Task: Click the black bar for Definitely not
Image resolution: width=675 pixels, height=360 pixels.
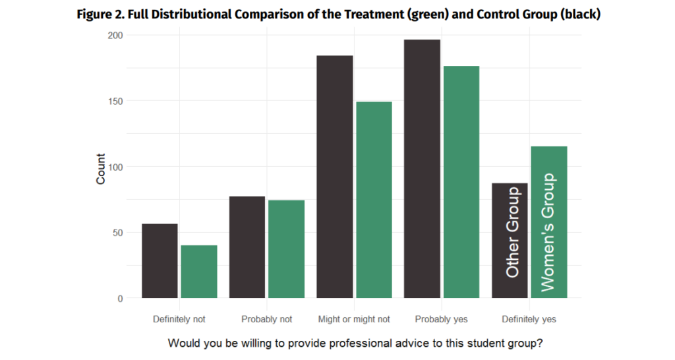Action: (160, 261)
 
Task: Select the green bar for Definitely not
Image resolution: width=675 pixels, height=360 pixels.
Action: (199, 272)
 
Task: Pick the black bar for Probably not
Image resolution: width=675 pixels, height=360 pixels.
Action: (247, 247)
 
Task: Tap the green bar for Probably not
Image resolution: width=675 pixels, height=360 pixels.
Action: (286, 249)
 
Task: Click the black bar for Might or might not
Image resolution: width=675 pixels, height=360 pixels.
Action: (335, 177)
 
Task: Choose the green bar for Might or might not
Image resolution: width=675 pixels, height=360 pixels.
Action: (374, 200)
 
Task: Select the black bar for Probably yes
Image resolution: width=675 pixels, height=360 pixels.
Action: (423, 169)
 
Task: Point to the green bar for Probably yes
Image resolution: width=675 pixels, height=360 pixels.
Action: (461, 182)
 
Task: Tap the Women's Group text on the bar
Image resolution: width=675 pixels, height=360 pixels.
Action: (548, 232)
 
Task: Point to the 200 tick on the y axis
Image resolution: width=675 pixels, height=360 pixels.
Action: (115, 35)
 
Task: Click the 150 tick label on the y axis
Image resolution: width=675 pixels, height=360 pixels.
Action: (115, 101)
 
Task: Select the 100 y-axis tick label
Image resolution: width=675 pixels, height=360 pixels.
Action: (115, 167)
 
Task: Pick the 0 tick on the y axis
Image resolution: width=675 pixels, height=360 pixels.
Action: (120, 299)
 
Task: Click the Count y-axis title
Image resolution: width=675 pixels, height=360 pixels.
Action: (101, 169)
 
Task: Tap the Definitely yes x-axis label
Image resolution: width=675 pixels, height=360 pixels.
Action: (529, 319)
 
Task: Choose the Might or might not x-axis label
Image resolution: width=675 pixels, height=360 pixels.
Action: (354, 319)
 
